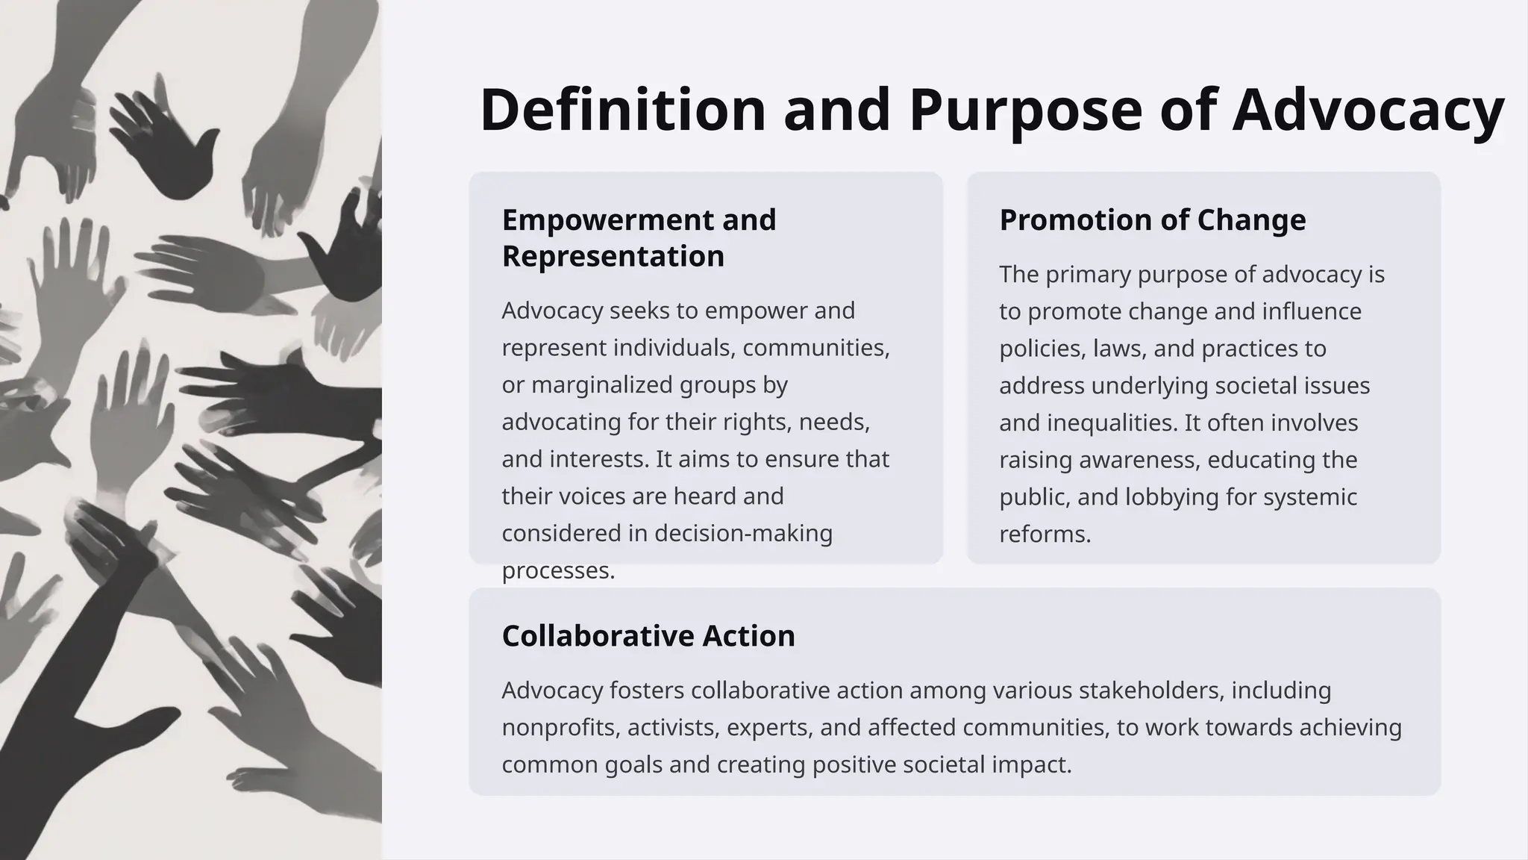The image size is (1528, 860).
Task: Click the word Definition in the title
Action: coord(623,110)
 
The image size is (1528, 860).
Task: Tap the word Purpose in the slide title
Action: coord(1026,110)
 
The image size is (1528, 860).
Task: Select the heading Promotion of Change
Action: coord(1152,220)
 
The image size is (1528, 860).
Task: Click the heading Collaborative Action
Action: coord(648,636)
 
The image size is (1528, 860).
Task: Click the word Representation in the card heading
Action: coord(613,256)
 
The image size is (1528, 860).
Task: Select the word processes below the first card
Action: coord(557,571)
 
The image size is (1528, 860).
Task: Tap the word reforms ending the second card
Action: coord(1045,535)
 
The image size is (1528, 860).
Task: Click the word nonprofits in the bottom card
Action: coord(560,728)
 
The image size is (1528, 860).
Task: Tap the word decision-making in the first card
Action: coord(743,534)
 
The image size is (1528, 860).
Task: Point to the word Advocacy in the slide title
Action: coord(1368,110)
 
